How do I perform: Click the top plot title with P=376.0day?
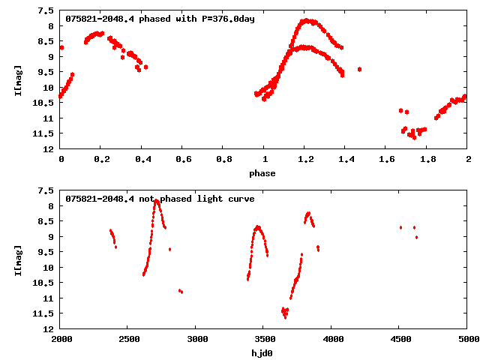pos(160,19)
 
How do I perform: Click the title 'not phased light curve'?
pos(160,199)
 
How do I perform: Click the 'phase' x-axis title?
pos(262,174)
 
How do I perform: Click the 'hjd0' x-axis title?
pos(262,353)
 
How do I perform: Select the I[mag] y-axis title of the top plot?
pos(18,81)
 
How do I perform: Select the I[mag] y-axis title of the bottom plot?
pos(18,261)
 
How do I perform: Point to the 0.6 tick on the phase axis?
pos(183,160)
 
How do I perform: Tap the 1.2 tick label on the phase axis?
pos(305,160)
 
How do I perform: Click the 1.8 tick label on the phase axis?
pos(427,160)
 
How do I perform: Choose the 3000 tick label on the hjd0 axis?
pos(196,340)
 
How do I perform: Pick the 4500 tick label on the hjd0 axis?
pos(400,340)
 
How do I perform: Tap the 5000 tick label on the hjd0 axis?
pos(467,340)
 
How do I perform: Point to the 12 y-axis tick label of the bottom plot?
pos(49,329)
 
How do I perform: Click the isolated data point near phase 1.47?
pos(360,69)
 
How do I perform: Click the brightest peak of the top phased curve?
pos(305,20)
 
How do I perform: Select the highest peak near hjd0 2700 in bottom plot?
pos(156,200)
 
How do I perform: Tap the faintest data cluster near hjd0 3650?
pos(284,312)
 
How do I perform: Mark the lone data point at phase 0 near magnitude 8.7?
pos(61,47)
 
